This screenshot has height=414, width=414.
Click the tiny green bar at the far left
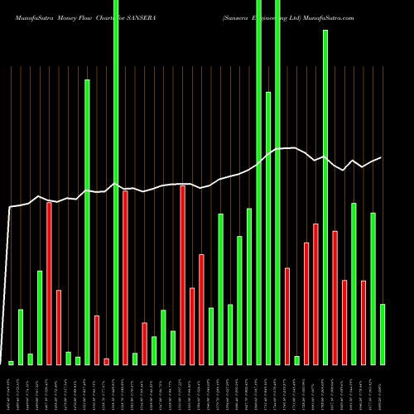tap(11, 363)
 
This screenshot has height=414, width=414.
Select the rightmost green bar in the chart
tap(383, 335)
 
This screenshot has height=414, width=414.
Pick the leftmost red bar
tap(49, 283)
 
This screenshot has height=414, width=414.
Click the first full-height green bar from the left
tap(116, 182)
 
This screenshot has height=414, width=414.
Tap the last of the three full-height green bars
tap(277, 182)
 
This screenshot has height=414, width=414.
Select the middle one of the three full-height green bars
tap(259, 182)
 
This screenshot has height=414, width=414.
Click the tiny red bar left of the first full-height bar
tap(106, 361)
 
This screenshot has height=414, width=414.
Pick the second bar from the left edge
tap(21, 337)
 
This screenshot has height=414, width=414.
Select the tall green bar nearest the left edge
tap(87, 222)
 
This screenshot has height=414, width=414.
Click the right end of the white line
tap(382, 157)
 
